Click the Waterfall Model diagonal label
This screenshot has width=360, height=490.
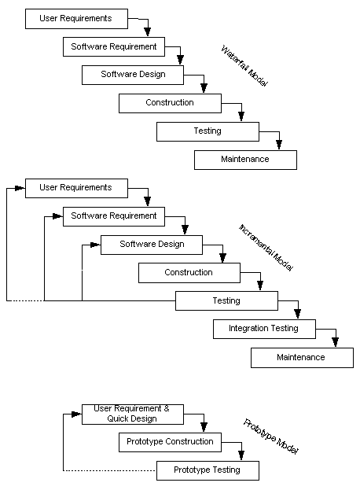coord(244,66)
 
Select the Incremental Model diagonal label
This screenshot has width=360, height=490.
coord(266,248)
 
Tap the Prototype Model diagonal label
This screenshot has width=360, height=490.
coord(270,437)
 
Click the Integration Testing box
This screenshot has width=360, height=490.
coord(264,329)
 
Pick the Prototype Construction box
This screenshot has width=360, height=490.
coord(170,442)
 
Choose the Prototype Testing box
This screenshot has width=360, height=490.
coord(208,470)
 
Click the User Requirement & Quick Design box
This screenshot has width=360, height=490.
coord(133,414)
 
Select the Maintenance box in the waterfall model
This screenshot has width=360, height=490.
coord(245,160)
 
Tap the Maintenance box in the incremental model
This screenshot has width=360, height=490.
coord(303,358)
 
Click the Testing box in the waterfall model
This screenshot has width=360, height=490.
coord(208,131)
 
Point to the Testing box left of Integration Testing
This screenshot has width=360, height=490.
coord(226,300)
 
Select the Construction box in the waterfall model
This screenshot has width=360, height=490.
coord(170,103)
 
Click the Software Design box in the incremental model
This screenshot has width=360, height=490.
coord(152,245)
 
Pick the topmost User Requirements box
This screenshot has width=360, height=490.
coord(76,19)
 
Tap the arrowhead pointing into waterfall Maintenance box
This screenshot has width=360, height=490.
coord(279,145)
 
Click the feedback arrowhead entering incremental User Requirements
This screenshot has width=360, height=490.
coord(20,188)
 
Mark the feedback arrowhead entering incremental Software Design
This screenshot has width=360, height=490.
coord(95,245)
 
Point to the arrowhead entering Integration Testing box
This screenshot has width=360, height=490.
coord(298,314)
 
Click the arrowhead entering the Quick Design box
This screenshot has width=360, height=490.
coord(76,414)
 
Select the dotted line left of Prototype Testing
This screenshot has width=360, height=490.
coord(109,470)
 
